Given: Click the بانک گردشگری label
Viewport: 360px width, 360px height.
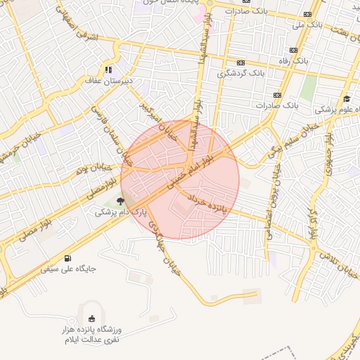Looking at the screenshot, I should pyautogui.click(x=243, y=72).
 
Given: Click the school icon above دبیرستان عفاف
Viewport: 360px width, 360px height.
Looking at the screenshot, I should pyautogui.click(x=108, y=69).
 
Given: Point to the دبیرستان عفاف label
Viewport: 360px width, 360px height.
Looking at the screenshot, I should pyautogui.click(x=104, y=82).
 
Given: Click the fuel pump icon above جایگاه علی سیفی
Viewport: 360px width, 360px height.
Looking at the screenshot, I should pyautogui.click(x=67, y=258).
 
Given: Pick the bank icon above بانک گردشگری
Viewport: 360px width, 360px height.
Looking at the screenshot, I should pyautogui.click(x=243, y=62).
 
